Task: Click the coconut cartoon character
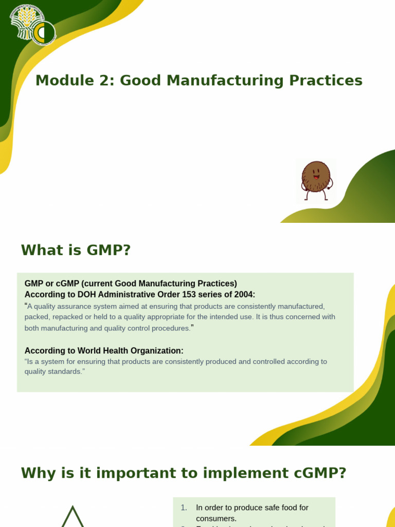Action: click(316, 180)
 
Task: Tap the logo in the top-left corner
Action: click(32, 25)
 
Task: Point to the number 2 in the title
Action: click(102, 81)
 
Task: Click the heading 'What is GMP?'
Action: click(76, 251)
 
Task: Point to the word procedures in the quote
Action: click(169, 328)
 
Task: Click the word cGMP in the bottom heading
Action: click(315, 473)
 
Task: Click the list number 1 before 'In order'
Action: click(184, 508)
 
